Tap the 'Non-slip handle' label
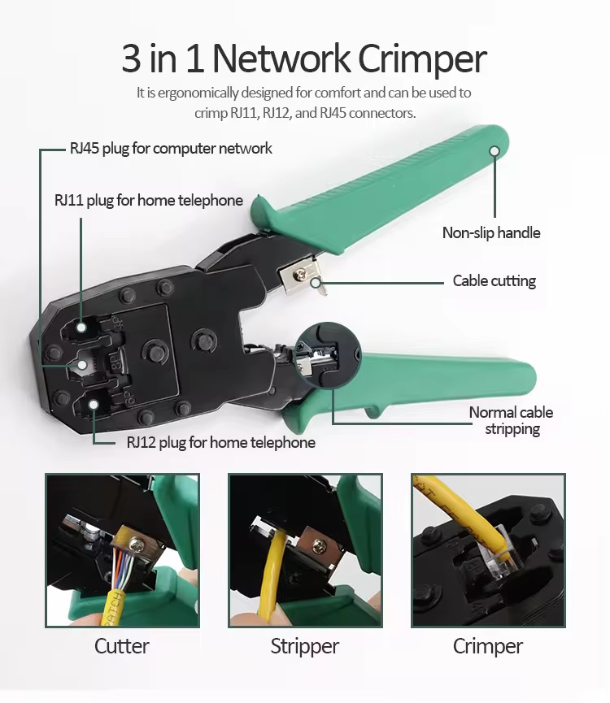pyautogui.click(x=490, y=232)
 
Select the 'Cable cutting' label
pyautogui.click(x=494, y=281)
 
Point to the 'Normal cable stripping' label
pyautogui.click(x=512, y=420)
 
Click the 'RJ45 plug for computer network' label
pyautogui.click(x=171, y=148)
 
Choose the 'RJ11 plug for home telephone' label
pyautogui.click(x=149, y=200)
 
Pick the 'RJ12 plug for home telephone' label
pyautogui.click(x=220, y=442)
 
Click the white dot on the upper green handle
pyautogui.click(x=494, y=150)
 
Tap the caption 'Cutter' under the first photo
pyautogui.click(x=122, y=646)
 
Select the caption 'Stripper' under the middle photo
pyautogui.click(x=304, y=646)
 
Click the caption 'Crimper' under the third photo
pyautogui.click(x=487, y=646)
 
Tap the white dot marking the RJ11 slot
pyautogui.click(x=81, y=328)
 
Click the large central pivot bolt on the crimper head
pyautogui.click(x=152, y=351)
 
